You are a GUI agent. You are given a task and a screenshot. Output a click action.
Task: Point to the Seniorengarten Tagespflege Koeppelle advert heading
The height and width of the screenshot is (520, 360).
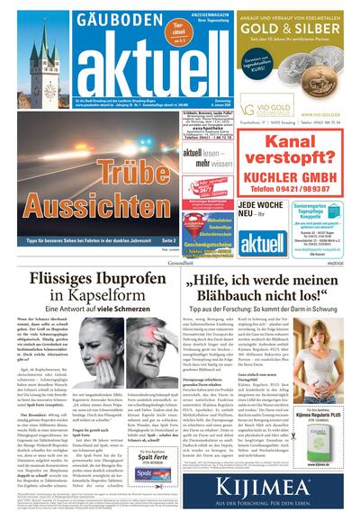(322, 215)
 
